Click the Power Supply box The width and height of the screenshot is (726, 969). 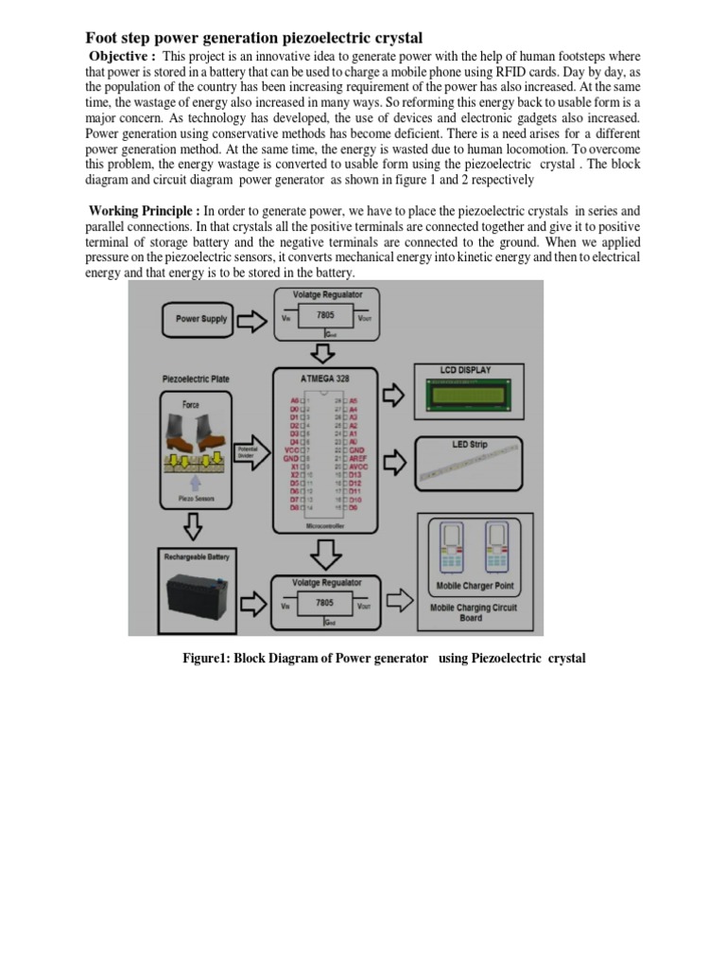click(x=201, y=319)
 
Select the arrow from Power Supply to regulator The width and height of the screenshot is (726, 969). click(x=252, y=319)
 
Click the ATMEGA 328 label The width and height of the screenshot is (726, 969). click(x=323, y=378)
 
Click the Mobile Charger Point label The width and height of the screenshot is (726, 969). click(x=475, y=587)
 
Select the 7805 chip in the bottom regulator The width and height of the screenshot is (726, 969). click(x=324, y=602)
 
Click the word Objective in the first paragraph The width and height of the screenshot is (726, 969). click(x=120, y=56)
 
